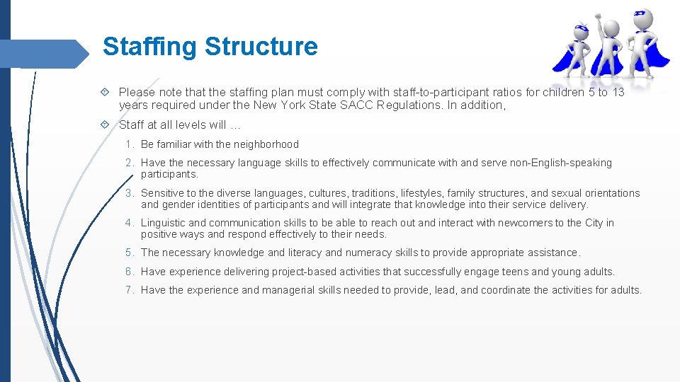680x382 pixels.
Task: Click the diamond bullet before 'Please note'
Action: click(x=105, y=92)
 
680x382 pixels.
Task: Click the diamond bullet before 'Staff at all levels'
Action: click(x=105, y=125)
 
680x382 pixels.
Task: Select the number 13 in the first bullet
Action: click(x=618, y=93)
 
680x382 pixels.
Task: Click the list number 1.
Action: click(x=130, y=144)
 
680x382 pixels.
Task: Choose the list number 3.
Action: click(x=130, y=193)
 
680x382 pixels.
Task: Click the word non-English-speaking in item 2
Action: click(x=557, y=163)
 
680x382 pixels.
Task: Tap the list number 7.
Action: click(x=130, y=290)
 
